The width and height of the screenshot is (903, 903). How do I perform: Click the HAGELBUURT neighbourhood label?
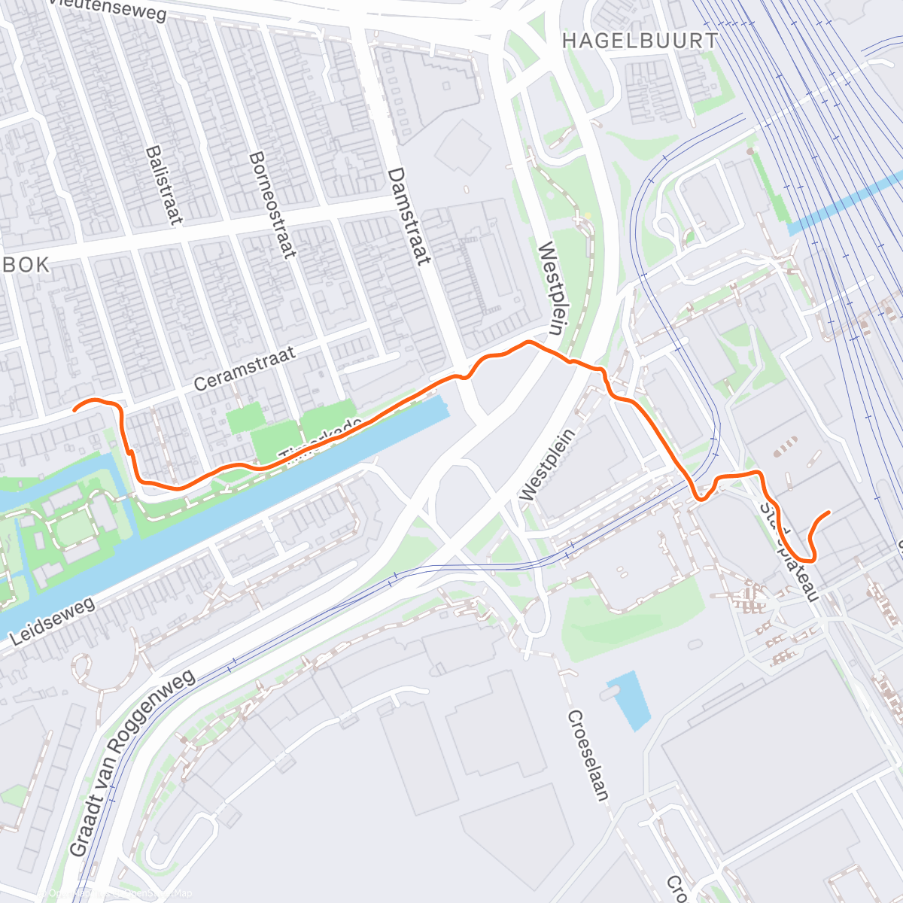[640, 41]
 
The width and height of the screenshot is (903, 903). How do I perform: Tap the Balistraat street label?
[164, 185]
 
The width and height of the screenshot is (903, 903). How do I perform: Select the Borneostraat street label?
[272, 205]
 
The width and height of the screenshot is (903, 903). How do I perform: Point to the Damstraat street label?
[409, 216]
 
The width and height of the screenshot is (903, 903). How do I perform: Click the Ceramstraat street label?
[244, 367]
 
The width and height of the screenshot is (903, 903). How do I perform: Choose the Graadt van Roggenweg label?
[133, 762]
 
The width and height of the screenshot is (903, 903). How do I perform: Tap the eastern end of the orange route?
[829, 512]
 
